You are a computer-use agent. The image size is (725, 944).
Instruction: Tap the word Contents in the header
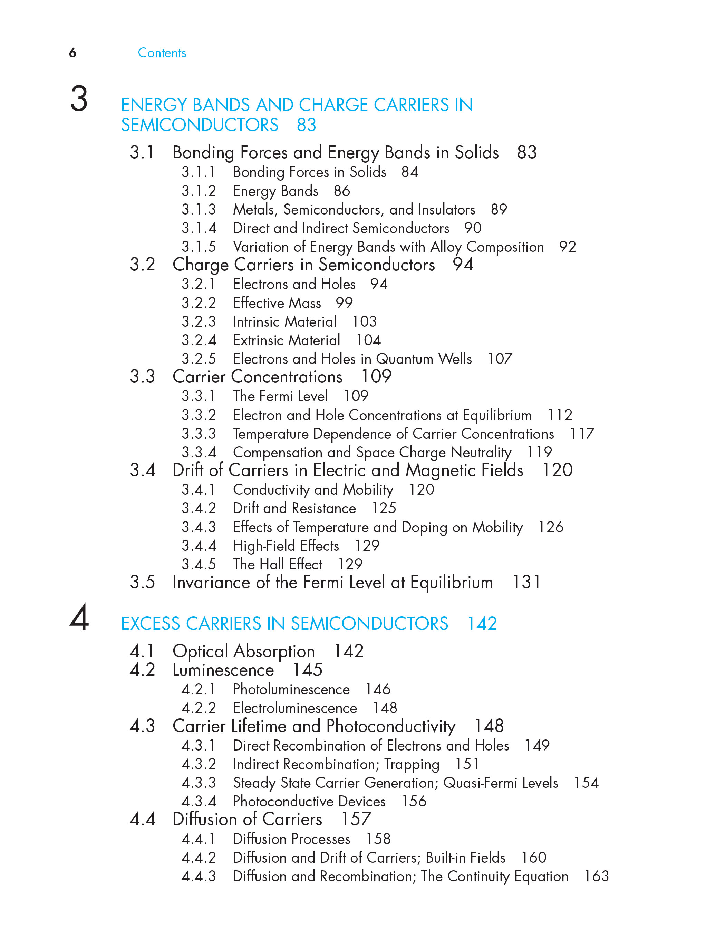[x=162, y=53]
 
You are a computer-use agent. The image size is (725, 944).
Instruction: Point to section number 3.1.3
[x=199, y=209]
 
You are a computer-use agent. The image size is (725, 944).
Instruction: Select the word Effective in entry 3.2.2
[x=258, y=303]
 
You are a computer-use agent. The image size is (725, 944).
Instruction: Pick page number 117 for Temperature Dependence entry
[x=582, y=434]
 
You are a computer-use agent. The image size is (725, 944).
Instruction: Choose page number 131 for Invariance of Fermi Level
[x=526, y=582]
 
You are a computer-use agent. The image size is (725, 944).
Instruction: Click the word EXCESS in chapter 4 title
[x=151, y=624]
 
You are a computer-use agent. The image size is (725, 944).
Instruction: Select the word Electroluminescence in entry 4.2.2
[x=295, y=708]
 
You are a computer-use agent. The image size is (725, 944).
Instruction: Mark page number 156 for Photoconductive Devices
[x=414, y=801]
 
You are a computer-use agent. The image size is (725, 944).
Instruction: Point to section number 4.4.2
[x=199, y=857]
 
